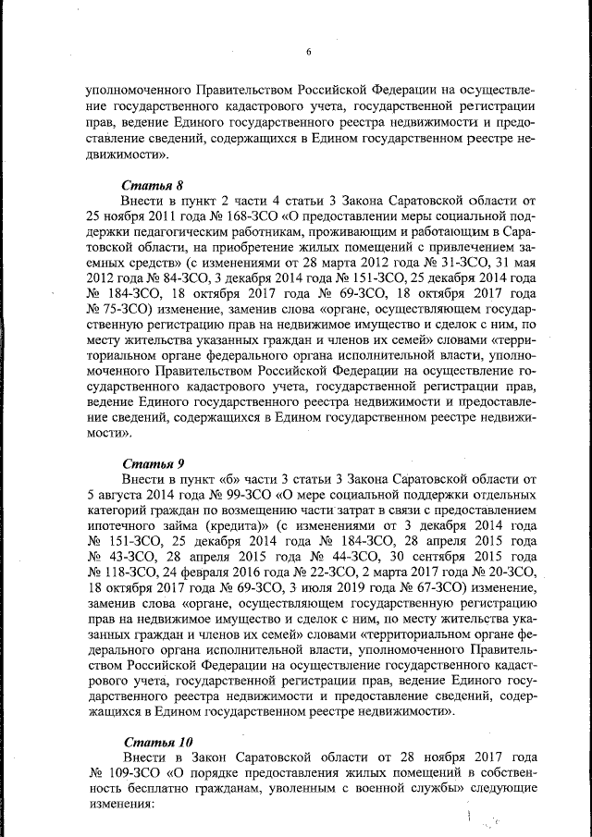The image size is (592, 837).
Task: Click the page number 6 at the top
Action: [x=308, y=52]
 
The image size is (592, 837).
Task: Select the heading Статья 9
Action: [x=154, y=462]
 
